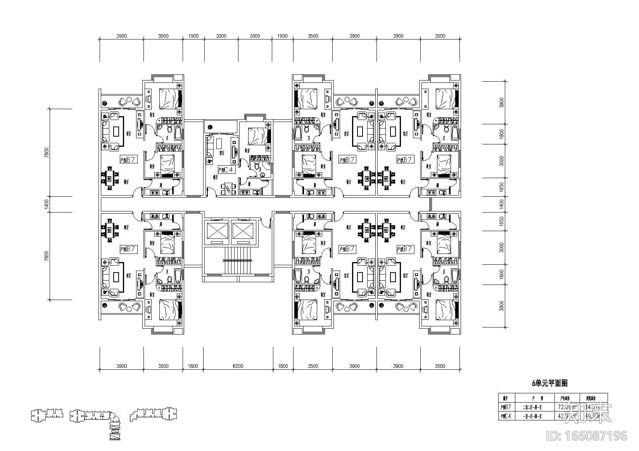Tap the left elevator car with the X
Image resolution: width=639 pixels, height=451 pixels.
point(216,232)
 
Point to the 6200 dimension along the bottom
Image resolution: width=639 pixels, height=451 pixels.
point(238,366)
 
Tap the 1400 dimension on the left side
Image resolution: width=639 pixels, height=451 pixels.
point(47,204)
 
